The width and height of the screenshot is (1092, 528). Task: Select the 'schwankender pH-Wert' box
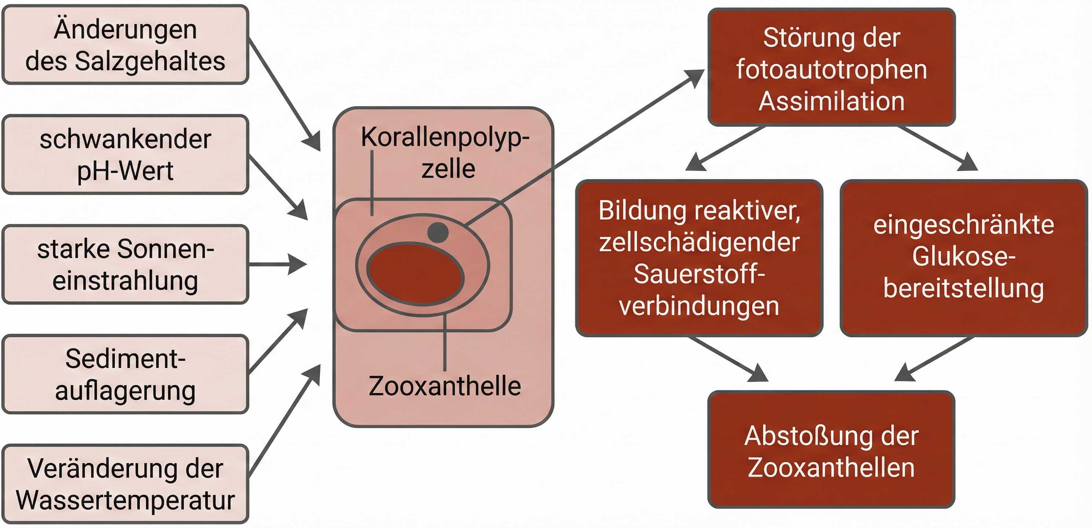click(x=125, y=155)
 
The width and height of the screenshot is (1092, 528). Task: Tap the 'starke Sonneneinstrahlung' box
click(x=125, y=264)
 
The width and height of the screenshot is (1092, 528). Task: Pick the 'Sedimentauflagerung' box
click(x=125, y=374)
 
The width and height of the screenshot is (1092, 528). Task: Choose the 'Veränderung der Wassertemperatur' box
click(x=125, y=484)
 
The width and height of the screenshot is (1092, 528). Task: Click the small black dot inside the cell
click(x=437, y=232)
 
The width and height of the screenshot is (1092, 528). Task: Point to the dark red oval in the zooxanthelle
click(x=415, y=275)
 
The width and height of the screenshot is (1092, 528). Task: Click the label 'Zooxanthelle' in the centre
click(x=444, y=386)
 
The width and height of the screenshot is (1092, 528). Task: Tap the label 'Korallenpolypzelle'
click(x=445, y=153)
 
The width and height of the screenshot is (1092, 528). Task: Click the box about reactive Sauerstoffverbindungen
click(x=699, y=258)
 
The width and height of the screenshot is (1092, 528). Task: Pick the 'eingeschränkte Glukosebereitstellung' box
click(x=963, y=258)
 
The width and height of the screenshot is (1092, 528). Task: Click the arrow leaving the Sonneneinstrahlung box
click(x=276, y=264)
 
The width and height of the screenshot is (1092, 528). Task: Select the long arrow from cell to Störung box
click(x=585, y=146)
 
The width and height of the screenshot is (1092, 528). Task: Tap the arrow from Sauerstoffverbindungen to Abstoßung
click(x=727, y=359)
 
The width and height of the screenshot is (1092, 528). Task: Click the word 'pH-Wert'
click(x=125, y=171)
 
